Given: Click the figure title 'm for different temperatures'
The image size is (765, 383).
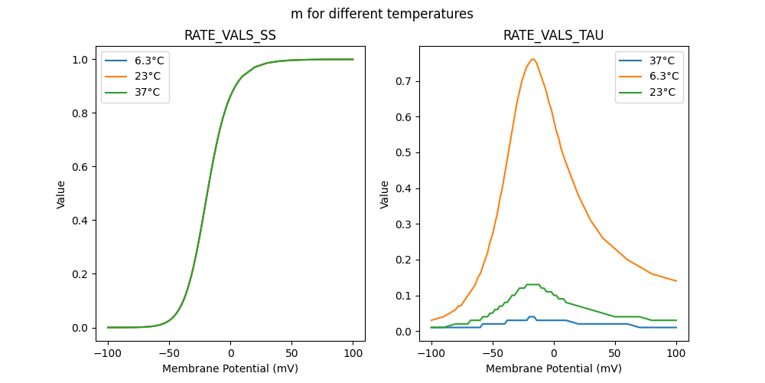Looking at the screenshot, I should tap(382, 14).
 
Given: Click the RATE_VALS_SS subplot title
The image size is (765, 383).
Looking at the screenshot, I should tap(230, 36).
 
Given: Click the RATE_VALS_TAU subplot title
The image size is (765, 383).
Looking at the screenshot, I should tap(554, 36).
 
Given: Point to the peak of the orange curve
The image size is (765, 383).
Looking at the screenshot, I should tap(532, 59).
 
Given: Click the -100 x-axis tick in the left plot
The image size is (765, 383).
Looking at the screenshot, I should tap(107, 354).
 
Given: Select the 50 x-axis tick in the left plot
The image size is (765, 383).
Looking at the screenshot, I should tap(291, 354).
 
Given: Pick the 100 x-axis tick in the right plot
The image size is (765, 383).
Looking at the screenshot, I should tap(676, 354).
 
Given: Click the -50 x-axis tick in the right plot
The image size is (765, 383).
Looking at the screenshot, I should tap(493, 354).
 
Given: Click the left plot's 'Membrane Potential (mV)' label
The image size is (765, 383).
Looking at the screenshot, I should tap(230, 368).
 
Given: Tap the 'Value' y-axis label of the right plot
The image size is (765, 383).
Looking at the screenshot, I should tap(385, 195).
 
